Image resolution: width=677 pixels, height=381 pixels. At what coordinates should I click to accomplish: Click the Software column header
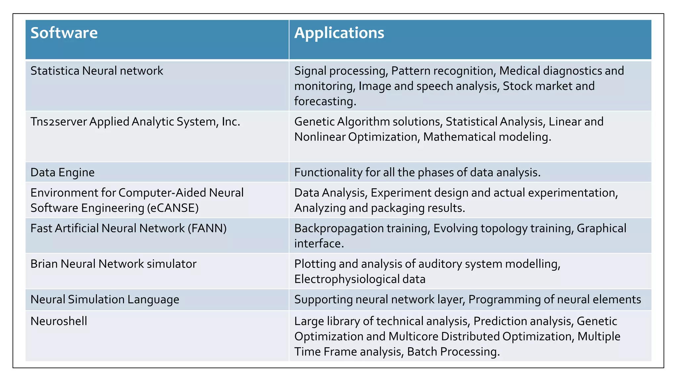[x=64, y=33]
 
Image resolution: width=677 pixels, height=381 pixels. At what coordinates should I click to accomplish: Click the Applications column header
[x=339, y=33]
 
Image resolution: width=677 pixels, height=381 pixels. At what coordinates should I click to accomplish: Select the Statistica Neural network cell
[x=97, y=71]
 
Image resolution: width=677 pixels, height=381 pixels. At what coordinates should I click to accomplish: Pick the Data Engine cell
[x=62, y=172]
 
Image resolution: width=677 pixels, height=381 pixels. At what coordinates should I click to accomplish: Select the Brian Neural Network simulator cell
[x=113, y=264]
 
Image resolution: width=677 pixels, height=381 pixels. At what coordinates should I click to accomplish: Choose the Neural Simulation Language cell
[x=105, y=299]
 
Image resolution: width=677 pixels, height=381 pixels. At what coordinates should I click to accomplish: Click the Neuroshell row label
[x=59, y=321]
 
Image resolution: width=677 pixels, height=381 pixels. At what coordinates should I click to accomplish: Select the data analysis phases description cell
[x=417, y=172]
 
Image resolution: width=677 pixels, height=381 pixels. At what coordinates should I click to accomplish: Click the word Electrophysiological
[x=346, y=279]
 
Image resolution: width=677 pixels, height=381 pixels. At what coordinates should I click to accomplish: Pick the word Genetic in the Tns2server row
[x=314, y=122]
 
